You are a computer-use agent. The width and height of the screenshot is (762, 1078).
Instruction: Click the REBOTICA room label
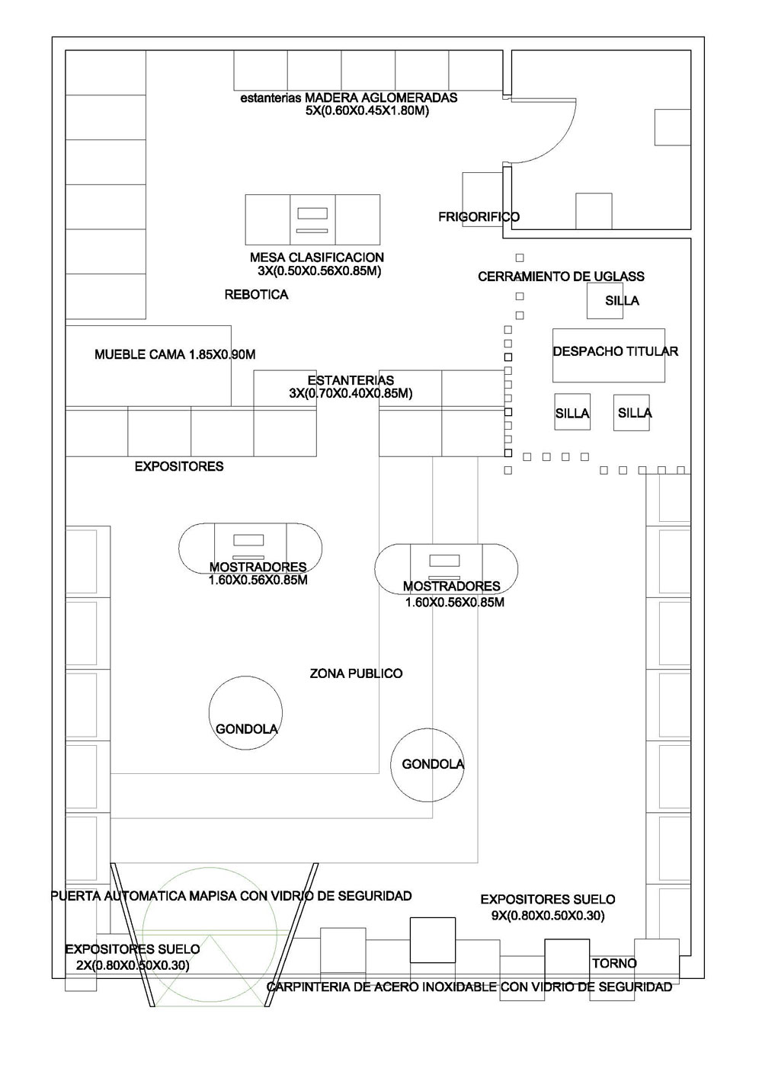[256, 295]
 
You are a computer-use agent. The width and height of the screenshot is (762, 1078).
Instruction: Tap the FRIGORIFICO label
[479, 217]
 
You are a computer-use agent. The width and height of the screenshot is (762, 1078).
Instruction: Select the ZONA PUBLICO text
[356, 673]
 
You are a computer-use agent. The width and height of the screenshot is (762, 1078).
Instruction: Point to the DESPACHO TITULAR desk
[608, 355]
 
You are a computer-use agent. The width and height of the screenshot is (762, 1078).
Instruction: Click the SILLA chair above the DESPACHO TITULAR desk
[604, 301]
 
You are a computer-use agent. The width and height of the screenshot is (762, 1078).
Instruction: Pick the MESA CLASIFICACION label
[317, 258]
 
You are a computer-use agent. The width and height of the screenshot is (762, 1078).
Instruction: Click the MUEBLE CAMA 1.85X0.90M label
[174, 355]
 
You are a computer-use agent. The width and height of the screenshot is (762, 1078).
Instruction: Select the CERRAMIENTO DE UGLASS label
[561, 277]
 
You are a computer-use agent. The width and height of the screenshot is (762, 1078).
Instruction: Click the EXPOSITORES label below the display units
[179, 466]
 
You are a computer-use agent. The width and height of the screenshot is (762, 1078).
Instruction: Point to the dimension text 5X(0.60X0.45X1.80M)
[367, 110]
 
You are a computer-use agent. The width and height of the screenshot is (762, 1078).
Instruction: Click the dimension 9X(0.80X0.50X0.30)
[548, 915]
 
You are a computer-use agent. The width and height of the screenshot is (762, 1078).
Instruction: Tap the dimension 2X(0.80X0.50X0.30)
[133, 965]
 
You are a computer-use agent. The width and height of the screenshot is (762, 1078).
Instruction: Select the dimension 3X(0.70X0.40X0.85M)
[351, 394]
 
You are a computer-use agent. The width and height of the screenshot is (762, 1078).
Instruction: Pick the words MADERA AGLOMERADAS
[381, 98]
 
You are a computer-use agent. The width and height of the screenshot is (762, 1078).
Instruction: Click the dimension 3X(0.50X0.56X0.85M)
[319, 271]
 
